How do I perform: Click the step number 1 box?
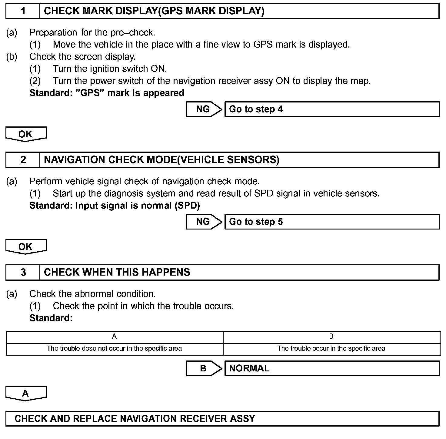(23, 11)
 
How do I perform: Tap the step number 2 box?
(23, 160)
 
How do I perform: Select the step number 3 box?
(23, 272)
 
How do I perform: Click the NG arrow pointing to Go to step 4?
(204, 109)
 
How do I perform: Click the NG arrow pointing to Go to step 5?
(204, 222)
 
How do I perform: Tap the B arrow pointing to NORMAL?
(204, 368)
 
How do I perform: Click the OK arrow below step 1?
(26, 134)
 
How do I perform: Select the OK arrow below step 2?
(26, 246)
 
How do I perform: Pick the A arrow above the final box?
(26, 393)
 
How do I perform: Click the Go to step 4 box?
(331, 109)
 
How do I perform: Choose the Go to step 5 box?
(331, 222)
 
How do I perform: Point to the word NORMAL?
(249, 368)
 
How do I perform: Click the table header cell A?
(114, 337)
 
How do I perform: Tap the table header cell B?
(331, 337)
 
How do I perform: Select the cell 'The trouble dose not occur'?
(114, 349)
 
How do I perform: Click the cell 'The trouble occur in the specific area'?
(331, 349)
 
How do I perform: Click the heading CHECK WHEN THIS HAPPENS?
(117, 272)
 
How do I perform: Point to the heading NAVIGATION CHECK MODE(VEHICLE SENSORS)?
(161, 160)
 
